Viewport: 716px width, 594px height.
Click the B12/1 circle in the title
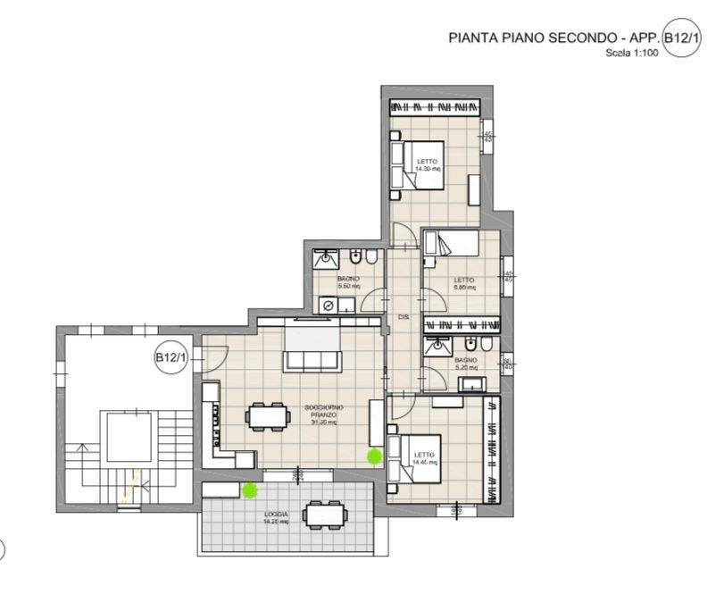pyautogui.click(x=683, y=40)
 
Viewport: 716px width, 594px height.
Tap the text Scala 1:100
pyautogui.click(x=633, y=54)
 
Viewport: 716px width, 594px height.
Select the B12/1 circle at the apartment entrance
pyautogui.click(x=171, y=358)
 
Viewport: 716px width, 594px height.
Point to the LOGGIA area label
pyautogui.click(x=275, y=519)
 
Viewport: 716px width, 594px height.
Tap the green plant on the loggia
pyautogui.click(x=250, y=489)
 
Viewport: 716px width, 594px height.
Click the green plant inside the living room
pyautogui.click(x=374, y=456)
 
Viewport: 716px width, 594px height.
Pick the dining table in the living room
pyautogui.click(x=268, y=415)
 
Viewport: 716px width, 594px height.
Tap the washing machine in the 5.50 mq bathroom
pyautogui.click(x=327, y=305)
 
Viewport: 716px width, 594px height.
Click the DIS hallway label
pyautogui.click(x=403, y=318)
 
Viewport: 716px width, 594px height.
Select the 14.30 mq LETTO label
pyautogui.click(x=428, y=165)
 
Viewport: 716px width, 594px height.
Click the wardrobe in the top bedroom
pyautogui.click(x=435, y=106)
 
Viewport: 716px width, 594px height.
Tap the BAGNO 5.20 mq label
pyautogui.click(x=465, y=364)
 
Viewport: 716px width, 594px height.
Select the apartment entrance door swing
pyautogui.click(x=212, y=358)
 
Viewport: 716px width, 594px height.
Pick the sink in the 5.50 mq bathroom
pyautogui.click(x=326, y=260)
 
